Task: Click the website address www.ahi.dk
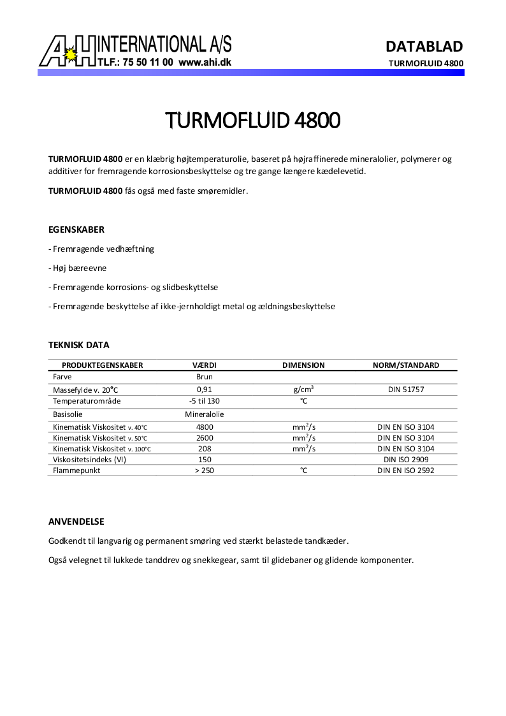[205, 63]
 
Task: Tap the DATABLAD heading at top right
[424, 46]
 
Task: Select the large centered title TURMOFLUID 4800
[252, 120]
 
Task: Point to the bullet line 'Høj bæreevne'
[78, 268]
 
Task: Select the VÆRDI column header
[205, 365]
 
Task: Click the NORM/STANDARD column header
[406, 365]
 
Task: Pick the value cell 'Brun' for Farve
[205, 377]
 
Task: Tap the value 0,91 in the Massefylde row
[205, 389]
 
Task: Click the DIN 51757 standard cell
[406, 389]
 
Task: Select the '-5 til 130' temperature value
[205, 401]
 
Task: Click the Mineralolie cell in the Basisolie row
[205, 414]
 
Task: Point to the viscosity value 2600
[205, 438]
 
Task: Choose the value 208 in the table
[205, 449]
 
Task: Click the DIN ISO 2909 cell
[406, 459]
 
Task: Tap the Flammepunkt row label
[77, 471]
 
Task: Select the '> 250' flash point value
[205, 471]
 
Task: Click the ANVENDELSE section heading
[76, 522]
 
